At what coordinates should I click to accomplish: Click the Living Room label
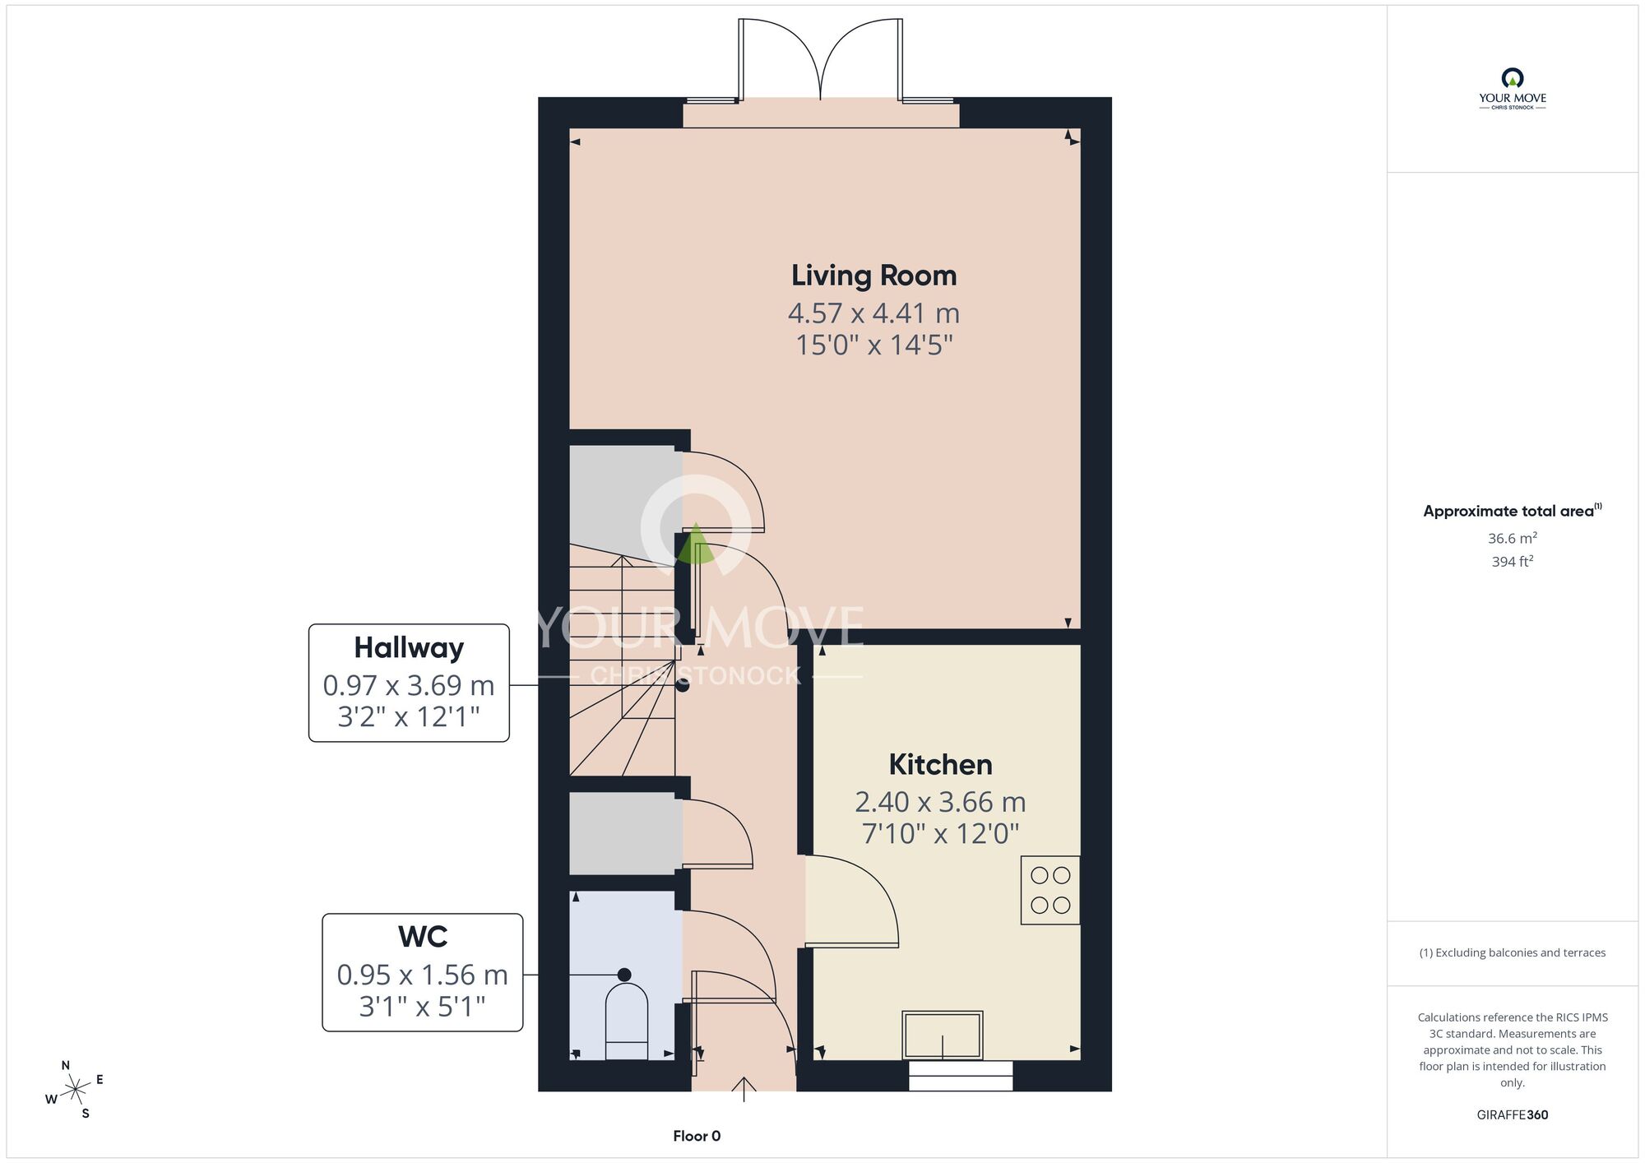(x=873, y=276)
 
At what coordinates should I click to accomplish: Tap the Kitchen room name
(x=940, y=764)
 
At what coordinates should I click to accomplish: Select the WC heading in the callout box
(x=423, y=936)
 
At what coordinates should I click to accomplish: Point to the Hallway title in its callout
(x=409, y=648)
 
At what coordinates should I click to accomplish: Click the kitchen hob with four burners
(x=1050, y=890)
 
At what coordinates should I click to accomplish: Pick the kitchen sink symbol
(x=943, y=1035)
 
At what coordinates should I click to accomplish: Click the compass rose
(x=75, y=1090)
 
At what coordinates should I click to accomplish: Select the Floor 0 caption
(x=697, y=1136)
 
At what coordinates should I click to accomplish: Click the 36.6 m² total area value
(x=1512, y=538)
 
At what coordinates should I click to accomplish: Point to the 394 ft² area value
(x=1512, y=562)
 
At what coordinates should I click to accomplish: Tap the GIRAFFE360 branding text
(x=1512, y=1115)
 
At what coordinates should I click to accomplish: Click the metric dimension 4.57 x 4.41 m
(x=873, y=313)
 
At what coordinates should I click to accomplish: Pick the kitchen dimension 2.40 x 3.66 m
(x=940, y=801)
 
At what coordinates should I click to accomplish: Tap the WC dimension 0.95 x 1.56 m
(x=422, y=975)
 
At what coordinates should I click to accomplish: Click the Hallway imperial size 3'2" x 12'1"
(x=409, y=716)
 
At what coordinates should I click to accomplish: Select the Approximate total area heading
(x=1512, y=511)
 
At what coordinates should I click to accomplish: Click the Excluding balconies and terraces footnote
(x=1512, y=952)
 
